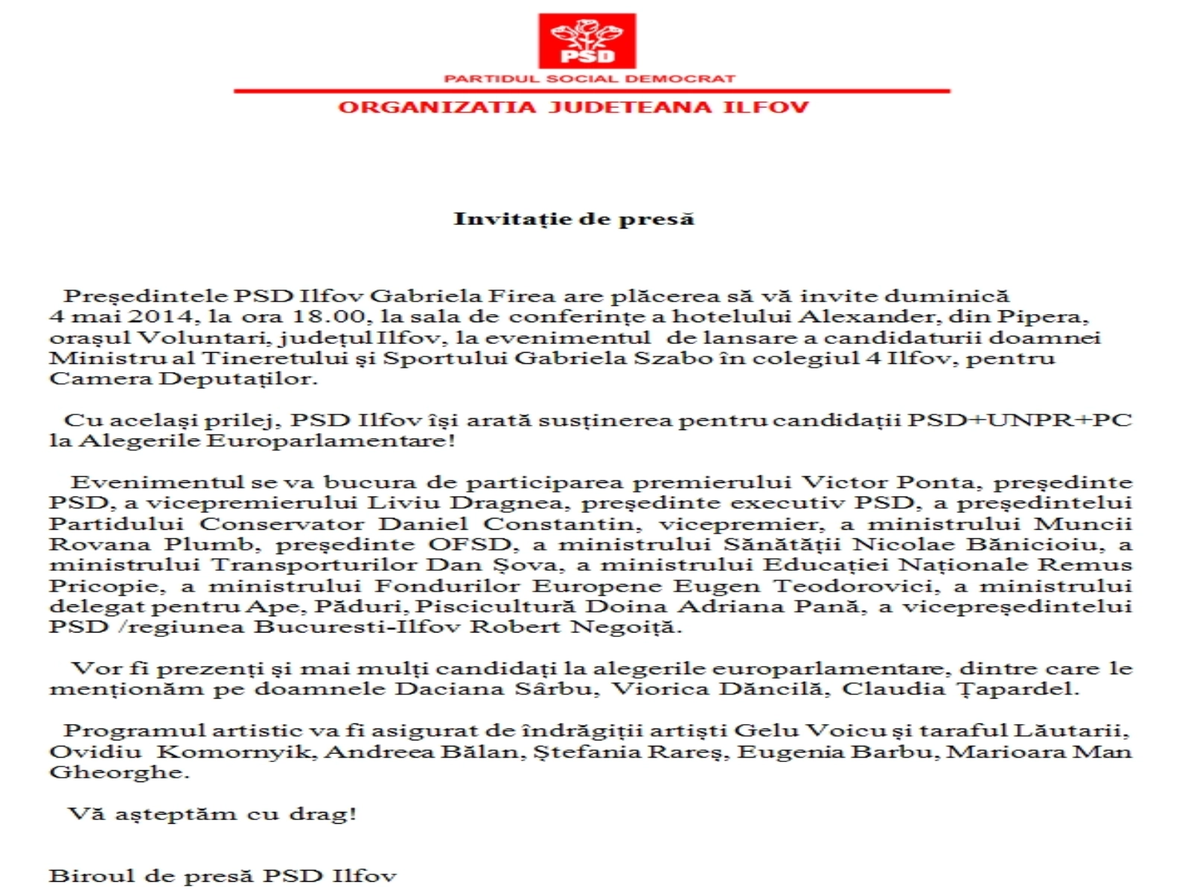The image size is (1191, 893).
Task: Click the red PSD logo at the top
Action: [587, 41]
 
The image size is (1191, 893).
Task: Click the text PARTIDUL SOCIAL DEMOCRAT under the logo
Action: [590, 78]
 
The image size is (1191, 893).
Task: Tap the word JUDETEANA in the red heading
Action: [629, 107]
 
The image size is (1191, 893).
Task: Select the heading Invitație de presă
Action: [574, 219]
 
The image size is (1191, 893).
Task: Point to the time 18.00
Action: [328, 316]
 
